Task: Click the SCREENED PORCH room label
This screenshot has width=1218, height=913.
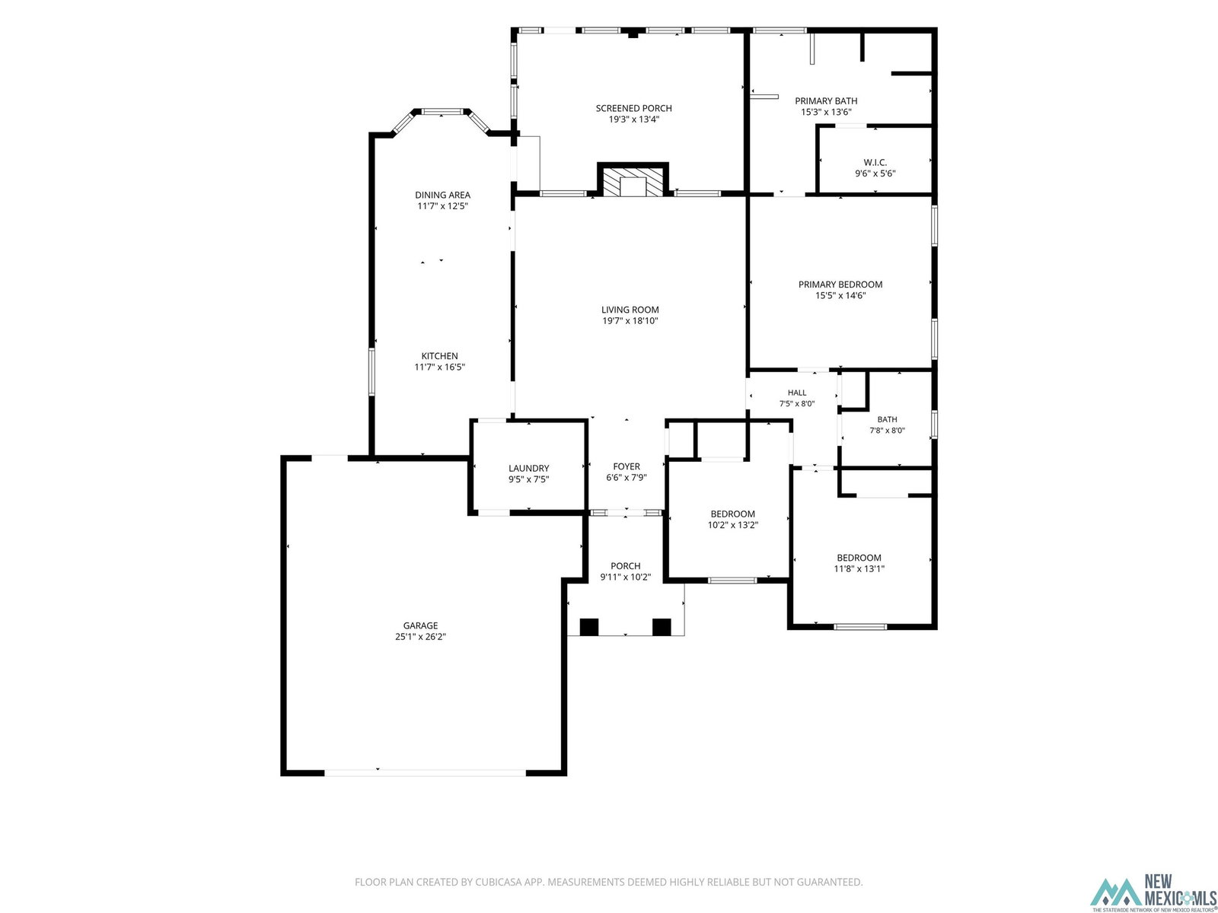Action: (633, 108)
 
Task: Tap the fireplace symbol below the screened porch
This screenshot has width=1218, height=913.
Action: (633, 180)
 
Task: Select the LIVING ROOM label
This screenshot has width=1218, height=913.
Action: (630, 310)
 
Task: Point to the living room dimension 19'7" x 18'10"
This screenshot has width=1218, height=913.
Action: (630, 321)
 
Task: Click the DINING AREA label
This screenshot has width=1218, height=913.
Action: (442, 195)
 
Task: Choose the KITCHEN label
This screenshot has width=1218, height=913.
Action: (439, 356)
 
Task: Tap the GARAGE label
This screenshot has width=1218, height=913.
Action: (420, 626)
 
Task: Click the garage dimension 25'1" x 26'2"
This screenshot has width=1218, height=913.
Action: (420, 637)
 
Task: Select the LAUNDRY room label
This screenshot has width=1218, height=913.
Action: (528, 469)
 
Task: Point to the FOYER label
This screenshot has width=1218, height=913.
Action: (626, 466)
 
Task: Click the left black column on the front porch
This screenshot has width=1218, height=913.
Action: (588, 627)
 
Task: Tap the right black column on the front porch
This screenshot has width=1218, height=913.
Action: (662, 627)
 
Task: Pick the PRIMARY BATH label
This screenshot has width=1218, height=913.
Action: (826, 101)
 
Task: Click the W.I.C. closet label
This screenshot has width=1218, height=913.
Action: (875, 162)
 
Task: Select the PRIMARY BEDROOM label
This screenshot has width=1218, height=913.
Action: (840, 285)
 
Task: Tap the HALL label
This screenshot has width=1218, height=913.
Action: (797, 393)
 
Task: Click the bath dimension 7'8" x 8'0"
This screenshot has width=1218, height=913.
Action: (887, 430)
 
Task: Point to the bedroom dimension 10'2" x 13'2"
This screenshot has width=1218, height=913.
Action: (732, 525)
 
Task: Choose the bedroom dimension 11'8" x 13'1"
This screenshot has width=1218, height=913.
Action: (859, 569)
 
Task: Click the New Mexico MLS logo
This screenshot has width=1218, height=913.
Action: (1153, 893)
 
